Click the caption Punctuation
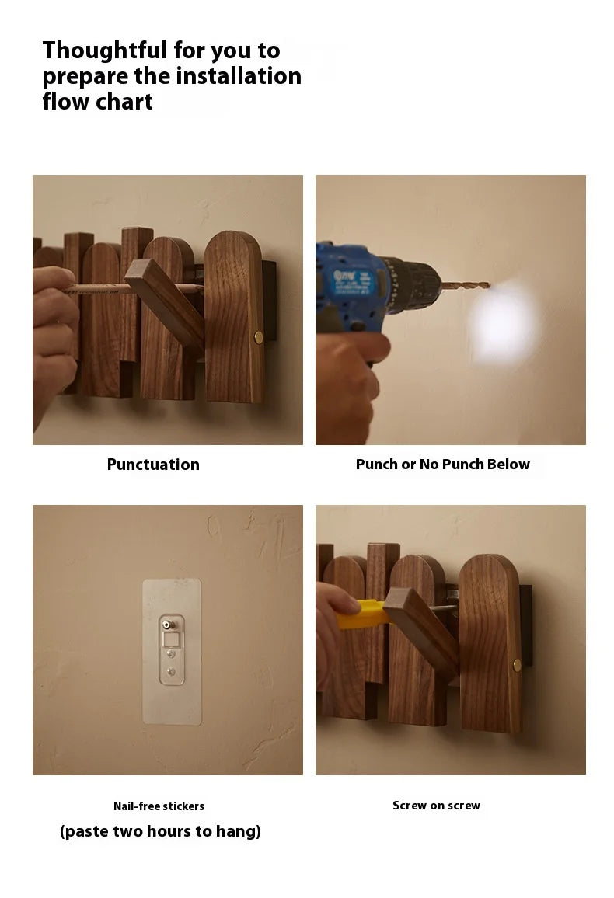point(154,465)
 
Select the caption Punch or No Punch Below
point(443,465)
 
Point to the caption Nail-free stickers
point(159,806)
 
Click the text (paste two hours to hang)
point(160,831)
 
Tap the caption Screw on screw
point(437,806)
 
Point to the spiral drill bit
point(465,284)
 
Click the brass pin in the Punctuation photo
point(258,337)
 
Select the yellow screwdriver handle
point(361,614)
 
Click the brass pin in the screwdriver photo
point(517,665)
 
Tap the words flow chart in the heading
point(97,102)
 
